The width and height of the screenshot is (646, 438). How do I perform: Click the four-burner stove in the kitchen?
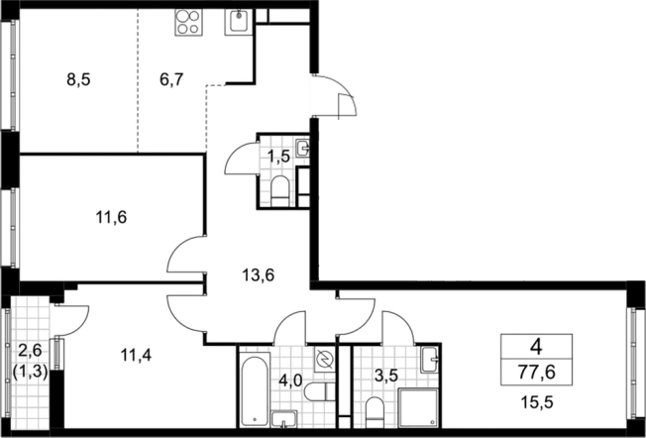point(188,22)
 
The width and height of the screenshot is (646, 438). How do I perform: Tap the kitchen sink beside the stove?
point(238,22)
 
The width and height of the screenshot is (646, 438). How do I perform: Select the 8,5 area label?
point(78,80)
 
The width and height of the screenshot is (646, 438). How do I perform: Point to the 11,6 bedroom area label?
point(111,217)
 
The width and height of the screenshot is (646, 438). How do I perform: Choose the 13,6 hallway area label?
point(259,274)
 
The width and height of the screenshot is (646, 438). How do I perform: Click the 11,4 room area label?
point(136,355)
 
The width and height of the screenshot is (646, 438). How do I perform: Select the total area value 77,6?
point(536,374)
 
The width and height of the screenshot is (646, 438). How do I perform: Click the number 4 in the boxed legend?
point(536,348)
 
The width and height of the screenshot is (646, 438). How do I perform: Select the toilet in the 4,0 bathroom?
point(320,391)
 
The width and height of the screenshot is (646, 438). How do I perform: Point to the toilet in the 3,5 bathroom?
point(375,411)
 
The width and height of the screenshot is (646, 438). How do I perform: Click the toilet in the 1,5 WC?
point(281,191)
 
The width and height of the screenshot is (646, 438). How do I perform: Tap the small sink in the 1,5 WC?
point(303,148)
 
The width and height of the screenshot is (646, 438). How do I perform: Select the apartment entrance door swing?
point(334,97)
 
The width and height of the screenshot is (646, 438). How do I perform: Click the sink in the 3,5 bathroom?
point(431,360)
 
